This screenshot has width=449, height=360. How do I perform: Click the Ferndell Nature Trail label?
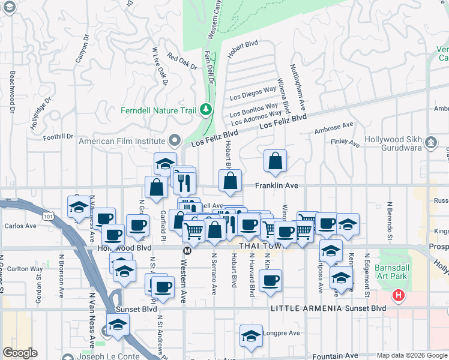click(x=158, y=110)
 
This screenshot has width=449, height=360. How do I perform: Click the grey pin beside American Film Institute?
click(x=175, y=141)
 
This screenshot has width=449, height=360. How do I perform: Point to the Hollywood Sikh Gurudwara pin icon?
click(x=430, y=143)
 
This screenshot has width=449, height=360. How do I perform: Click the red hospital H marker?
click(x=397, y=295)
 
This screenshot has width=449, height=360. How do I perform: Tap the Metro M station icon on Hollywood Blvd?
click(x=187, y=250)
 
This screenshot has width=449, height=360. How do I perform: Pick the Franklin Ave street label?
click(x=277, y=186)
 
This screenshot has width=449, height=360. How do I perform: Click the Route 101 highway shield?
click(x=46, y=214)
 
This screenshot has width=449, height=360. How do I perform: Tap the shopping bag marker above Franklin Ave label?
click(x=275, y=161)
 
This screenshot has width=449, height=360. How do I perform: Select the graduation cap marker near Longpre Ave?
click(x=251, y=337)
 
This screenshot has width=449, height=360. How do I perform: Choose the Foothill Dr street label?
click(x=58, y=136)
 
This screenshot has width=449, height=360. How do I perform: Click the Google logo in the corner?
click(x=20, y=353)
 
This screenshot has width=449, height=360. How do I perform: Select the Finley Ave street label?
click(x=345, y=144)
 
